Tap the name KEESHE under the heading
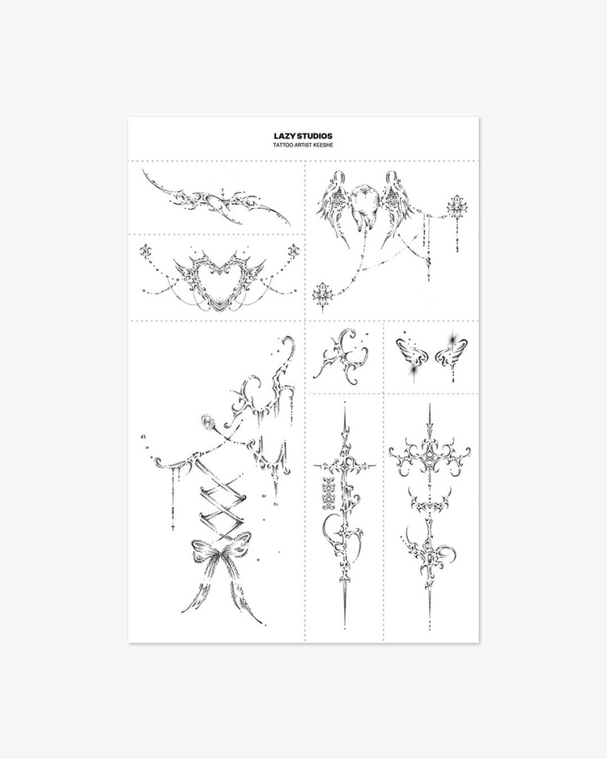[x=324, y=145]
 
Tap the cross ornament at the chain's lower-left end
[x=320, y=295]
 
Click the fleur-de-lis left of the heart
[x=146, y=251]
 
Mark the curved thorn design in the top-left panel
[x=216, y=198]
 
